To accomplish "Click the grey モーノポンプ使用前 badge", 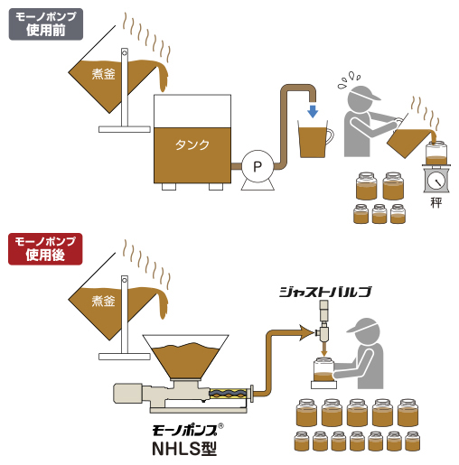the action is pos(46,24).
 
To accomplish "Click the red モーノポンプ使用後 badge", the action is pos(45,249).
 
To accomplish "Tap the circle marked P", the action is pos(258,166).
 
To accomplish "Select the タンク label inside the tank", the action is pos(192,144).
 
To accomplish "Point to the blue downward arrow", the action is pos(313,111).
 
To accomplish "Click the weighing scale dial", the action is pos(436,181).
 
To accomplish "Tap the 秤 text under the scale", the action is pos(436,202).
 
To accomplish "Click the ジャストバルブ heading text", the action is pos(325,292).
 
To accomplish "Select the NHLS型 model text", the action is pos(184,449).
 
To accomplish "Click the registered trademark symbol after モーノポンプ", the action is pos(220,426).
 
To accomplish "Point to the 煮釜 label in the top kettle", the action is pos(103,74).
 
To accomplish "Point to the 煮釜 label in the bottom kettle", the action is pos(103,301).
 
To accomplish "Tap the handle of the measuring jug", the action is pos(331,136).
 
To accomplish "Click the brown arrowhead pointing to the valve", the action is pos(306,332).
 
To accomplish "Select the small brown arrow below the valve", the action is pos(323,349).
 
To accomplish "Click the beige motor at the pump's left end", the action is pos(127,393).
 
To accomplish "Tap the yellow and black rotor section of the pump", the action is pos(229,393).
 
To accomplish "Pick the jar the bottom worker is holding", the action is pos(323,369).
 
